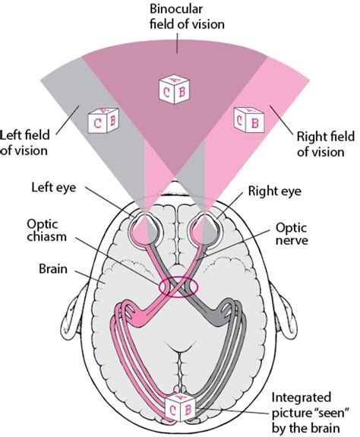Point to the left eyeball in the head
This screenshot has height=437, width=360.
(143, 226)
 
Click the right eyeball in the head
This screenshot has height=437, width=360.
(211, 226)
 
